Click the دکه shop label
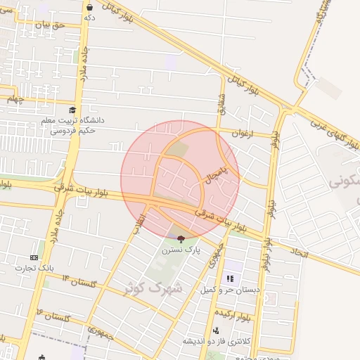90,17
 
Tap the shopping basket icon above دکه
90,6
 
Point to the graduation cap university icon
72,110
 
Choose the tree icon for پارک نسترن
181,240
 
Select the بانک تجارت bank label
39,268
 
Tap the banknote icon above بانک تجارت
34,258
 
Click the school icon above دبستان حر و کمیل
230,278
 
